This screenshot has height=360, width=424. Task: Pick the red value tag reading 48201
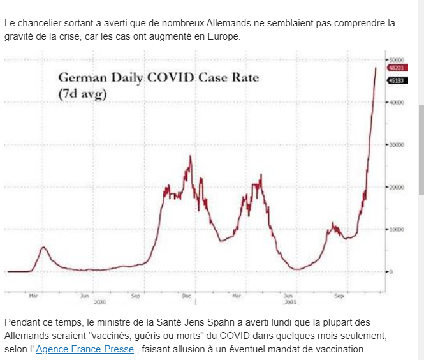point(397,67)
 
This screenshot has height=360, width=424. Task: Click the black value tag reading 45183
point(397,80)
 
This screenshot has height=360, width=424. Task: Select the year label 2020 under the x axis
point(99,301)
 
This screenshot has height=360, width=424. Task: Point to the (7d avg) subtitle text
point(82,94)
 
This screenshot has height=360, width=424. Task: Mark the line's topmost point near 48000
point(376,67)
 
